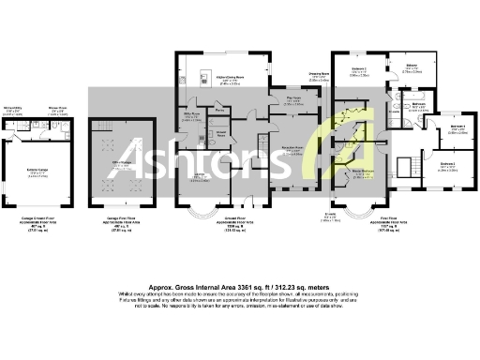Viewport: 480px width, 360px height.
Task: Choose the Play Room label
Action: pos(292,98)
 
